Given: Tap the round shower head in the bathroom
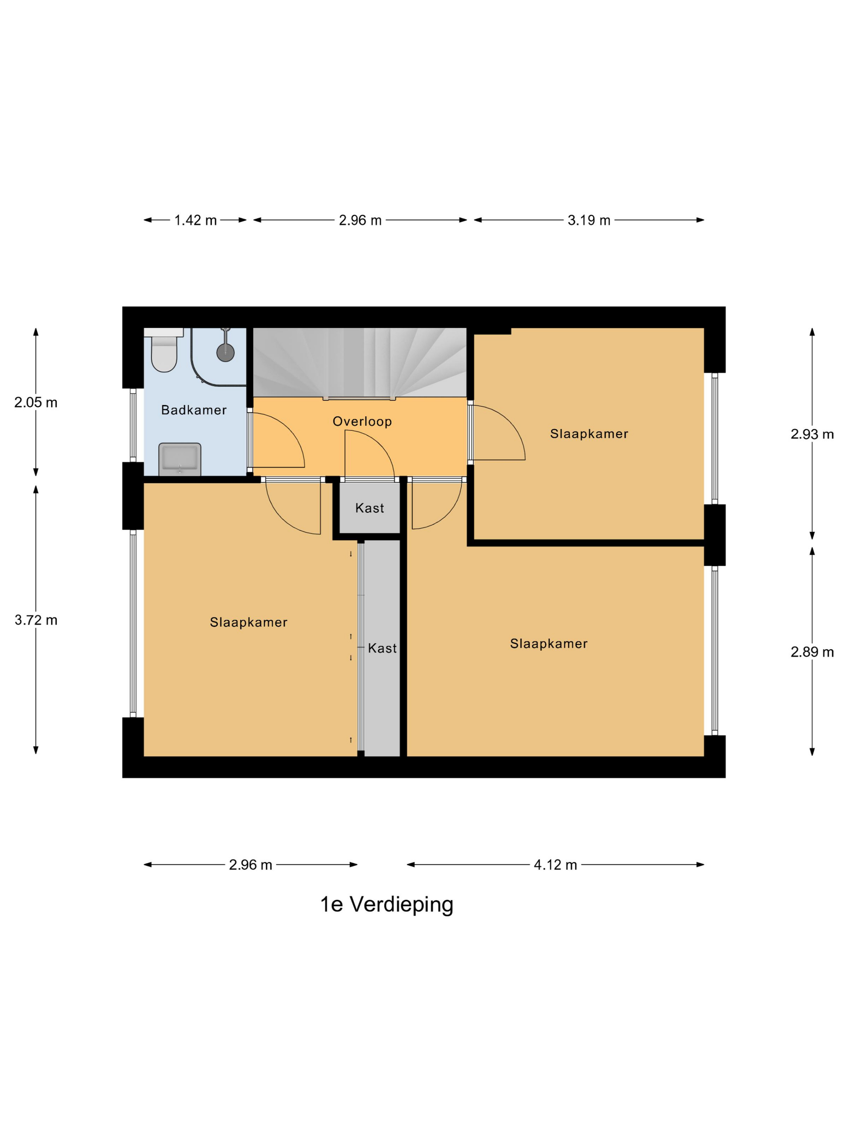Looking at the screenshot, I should click(225, 352).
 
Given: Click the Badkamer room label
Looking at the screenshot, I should click(194, 410).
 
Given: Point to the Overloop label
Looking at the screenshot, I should click(362, 421).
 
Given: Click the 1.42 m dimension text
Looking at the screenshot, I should click(195, 221).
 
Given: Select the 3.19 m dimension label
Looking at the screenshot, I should click(589, 221).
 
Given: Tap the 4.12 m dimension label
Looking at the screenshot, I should click(555, 865).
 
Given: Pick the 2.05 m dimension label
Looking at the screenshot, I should click(36, 402).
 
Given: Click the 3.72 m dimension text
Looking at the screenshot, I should click(36, 620).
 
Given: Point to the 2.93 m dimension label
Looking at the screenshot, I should click(812, 434).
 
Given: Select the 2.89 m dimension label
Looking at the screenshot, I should click(812, 652).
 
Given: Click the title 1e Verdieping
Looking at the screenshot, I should click(386, 904).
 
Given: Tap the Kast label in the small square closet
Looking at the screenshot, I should click(369, 508).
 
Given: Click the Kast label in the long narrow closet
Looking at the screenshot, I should click(382, 648).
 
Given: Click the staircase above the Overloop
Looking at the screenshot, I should click(360, 362).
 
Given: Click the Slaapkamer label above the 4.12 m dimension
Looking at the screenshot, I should click(548, 644).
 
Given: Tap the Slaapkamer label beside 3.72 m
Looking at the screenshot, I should click(248, 622).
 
